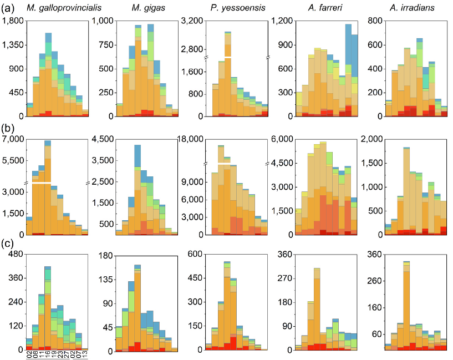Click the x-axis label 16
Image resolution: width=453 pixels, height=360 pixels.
click(48, 355)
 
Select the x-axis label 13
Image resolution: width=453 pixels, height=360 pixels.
click(85, 355)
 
